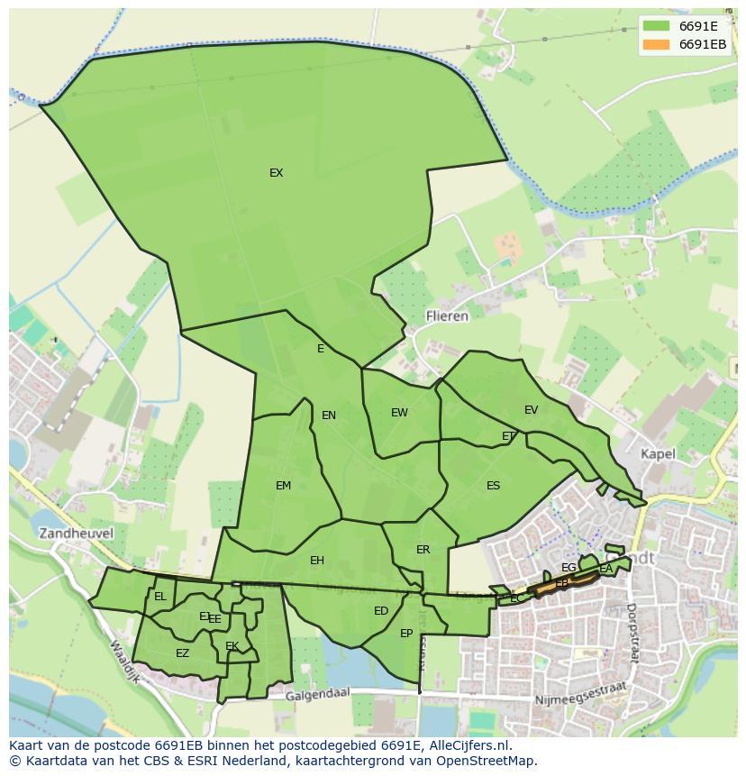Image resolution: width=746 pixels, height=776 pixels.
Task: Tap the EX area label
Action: pyautogui.click(x=276, y=173)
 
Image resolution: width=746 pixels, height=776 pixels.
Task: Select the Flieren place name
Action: pyautogui.click(x=447, y=316)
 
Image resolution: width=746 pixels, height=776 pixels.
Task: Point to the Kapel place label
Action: pyautogui.click(x=658, y=454)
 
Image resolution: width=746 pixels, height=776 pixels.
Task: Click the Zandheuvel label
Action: pyautogui.click(x=76, y=534)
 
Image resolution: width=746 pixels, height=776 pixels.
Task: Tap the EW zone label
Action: pyautogui.click(x=399, y=413)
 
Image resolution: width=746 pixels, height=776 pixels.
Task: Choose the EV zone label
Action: pyautogui.click(x=531, y=410)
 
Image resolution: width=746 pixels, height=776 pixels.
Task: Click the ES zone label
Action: pyautogui.click(x=493, y=486)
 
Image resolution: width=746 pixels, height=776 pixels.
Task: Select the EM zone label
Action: pyautogui.click(x=283, y=486)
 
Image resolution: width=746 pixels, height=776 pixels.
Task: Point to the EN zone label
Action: pyautogui.click(x=329, y=415)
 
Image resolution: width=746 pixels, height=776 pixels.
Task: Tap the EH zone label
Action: pyautogui.click(x=316, y=561)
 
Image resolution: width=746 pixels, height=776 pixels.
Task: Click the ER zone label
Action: pyautogui.click(x=423, y=550)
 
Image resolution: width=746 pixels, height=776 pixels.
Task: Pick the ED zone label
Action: pyautogui.click(x=381, y=611)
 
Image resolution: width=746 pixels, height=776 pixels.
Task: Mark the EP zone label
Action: pyautogui.click(x=406, y=634)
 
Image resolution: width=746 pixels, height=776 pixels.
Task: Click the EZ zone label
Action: pyautogui.click(x=182, y=653)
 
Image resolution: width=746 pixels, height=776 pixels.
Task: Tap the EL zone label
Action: pyautogui.click(x=159, y=597)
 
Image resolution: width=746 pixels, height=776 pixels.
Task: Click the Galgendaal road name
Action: pyautogui.click(x=318, y=696)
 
